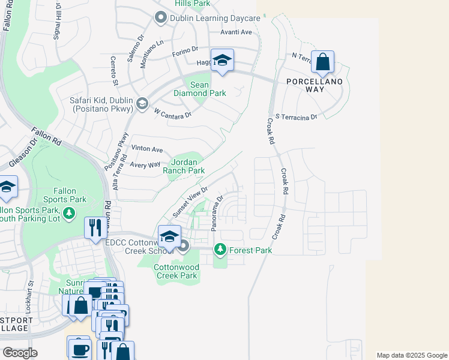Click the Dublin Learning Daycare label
point(214,18)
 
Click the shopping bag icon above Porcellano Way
point(322,62)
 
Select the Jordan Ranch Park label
point(188,166)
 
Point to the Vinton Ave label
point(147,149)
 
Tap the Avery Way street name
point(145,164)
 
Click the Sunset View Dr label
point(190,202)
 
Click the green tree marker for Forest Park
point(220,248)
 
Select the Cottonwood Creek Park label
point(175,271)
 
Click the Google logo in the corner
point(20,353)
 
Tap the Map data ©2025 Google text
point(411,355)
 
